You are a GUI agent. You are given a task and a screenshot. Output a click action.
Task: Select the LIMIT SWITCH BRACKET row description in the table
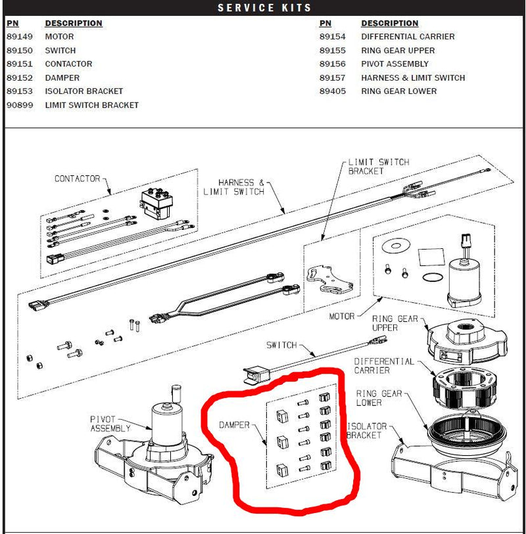pyautogui.click(x=91, y=105)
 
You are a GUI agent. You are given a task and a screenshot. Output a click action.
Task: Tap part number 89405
pyautogui.click(x=332, y=91)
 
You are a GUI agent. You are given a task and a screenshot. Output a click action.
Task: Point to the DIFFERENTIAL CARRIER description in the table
pyautogui.click(x=408, y=37)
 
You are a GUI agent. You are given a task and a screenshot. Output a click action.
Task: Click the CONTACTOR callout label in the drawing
pyautogui.click(x=77, y=179)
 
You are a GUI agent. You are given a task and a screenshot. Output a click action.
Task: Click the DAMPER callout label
pyautogui.click(x=235, y=425)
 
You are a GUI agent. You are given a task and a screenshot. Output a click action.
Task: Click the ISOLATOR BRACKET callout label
pyautogui.click(x=366, y=431)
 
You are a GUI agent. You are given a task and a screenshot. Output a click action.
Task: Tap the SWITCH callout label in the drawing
pyautogui.click(x=281, y=345)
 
